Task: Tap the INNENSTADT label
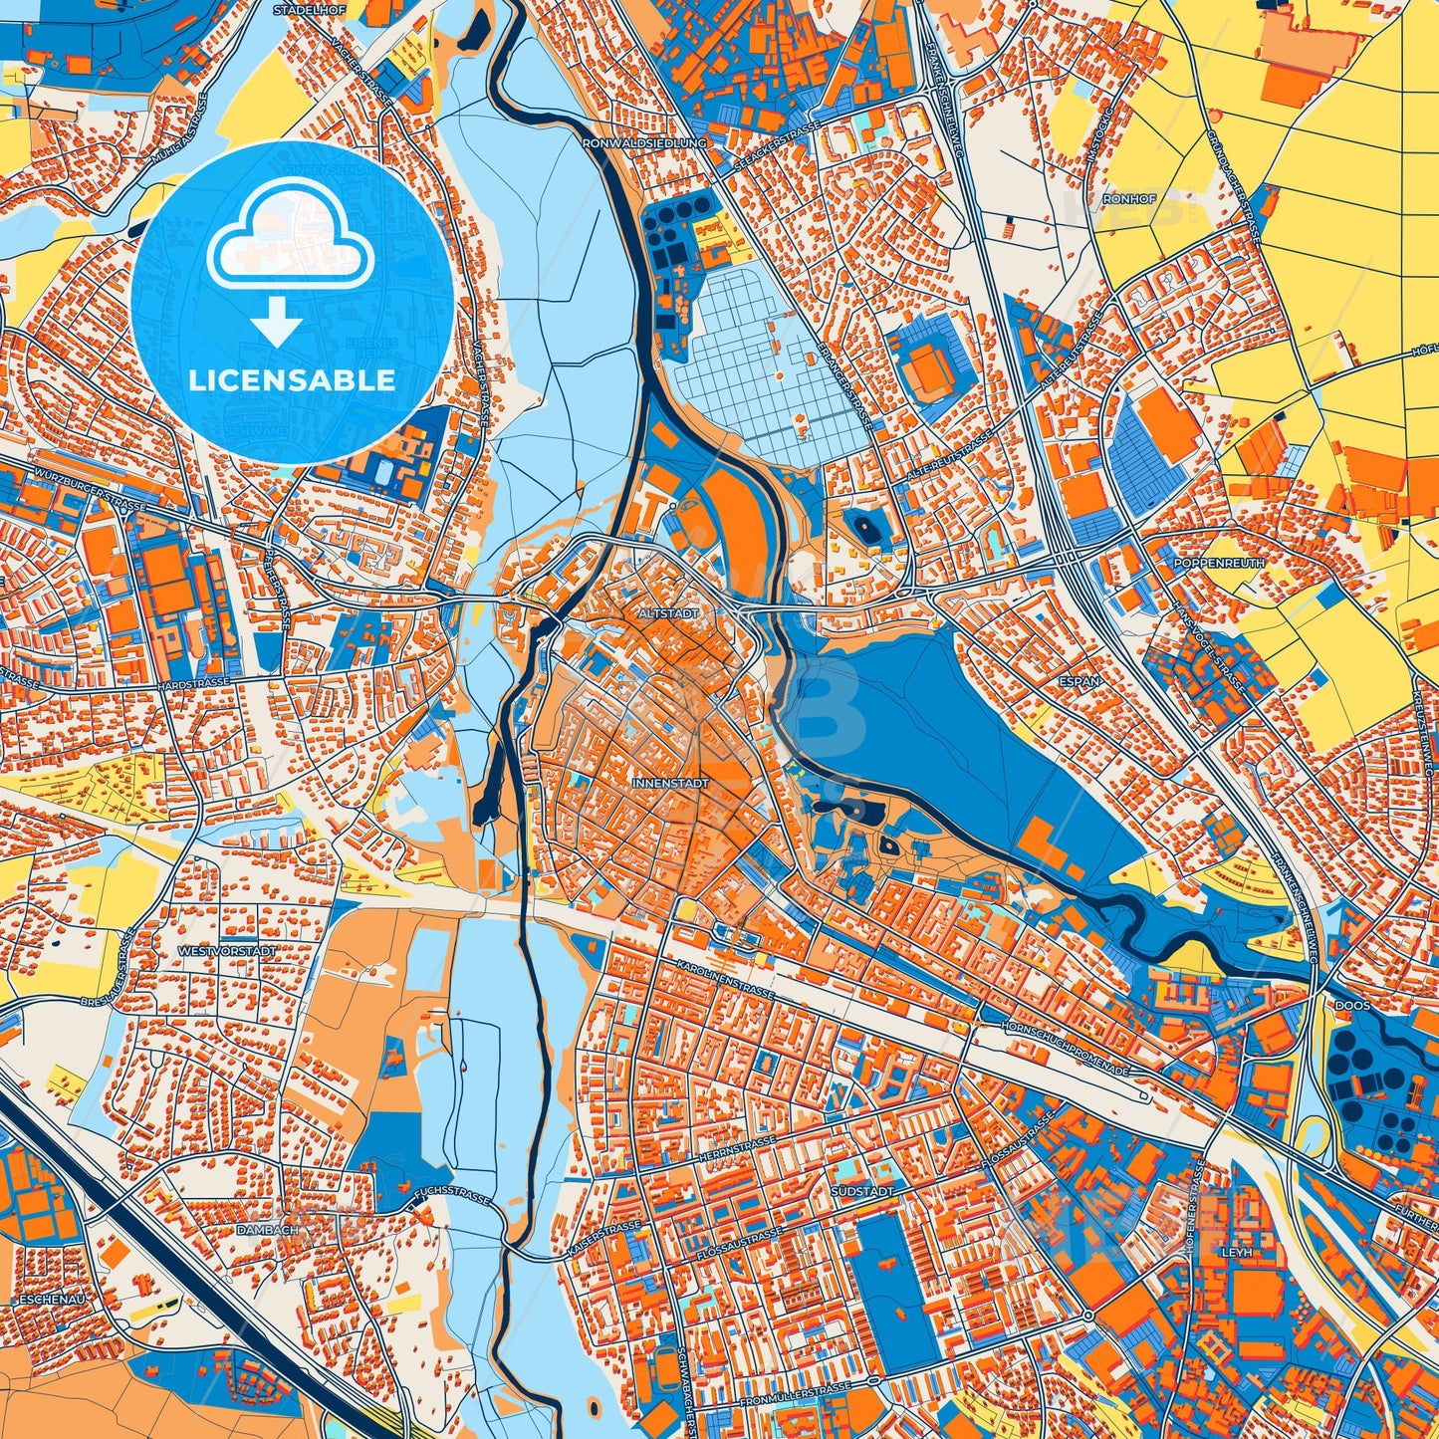pyautogui.click(x=670, y=784)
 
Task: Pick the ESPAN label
pyautogui.click(x=1080, y=682)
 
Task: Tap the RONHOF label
pyautogui.click(x=1136, y=198)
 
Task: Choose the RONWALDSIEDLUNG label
pyautogui.click(x=645, y=142)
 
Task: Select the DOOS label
pyautogui.click(x=1352, y=1006)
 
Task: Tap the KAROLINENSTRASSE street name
pyautogui.click(x=724, y=980)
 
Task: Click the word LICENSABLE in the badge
pyautogui.click(x=292, y=379)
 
